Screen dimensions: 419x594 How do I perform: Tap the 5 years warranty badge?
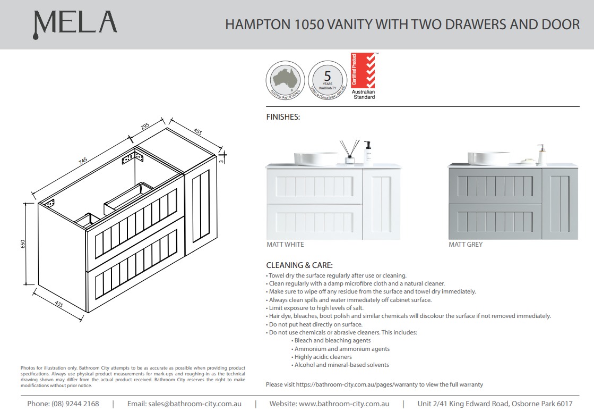(x=327, y=80)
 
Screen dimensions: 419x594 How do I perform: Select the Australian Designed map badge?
(x=285, y=80)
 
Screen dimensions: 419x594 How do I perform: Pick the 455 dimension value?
(x=197, y=131)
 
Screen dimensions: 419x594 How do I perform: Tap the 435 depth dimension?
(x=58, y=304)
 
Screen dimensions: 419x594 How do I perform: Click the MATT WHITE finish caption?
(x=285, y=245)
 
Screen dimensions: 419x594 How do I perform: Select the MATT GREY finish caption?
(x=466, y=245)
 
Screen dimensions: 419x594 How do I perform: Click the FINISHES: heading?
(x=283, y=117)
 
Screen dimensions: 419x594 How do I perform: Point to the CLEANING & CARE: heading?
(x=299, y=265)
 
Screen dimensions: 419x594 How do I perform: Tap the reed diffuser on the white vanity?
(x=350, y=153)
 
